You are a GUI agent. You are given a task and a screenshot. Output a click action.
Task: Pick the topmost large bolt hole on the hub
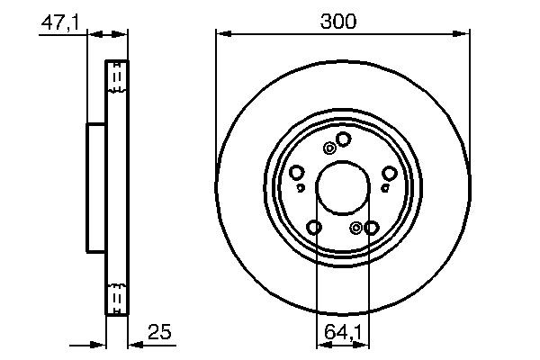click(343, 138)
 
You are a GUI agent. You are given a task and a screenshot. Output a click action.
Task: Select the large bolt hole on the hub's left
click(296, 173)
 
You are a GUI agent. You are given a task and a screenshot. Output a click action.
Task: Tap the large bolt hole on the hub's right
click(389, 173)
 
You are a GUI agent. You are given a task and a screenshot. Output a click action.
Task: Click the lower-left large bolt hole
click(314, 227)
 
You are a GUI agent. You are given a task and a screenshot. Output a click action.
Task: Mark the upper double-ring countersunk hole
click(330, 148)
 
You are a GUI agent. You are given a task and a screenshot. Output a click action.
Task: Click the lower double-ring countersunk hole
click(356, 227)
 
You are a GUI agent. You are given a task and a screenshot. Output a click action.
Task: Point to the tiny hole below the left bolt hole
click(301, 188)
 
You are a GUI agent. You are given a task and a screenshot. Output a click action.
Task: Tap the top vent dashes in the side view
click(115, 79)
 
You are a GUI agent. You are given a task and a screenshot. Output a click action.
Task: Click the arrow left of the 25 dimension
click(97, 343)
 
